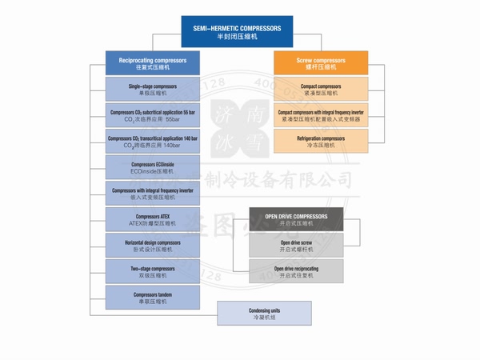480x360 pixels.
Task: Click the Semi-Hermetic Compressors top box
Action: [238, 32]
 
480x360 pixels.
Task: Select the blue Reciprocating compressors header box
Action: [152, 63]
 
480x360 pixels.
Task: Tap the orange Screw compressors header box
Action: [321, 63]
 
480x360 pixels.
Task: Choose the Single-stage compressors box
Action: [152, 90]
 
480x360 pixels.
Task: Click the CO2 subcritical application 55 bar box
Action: [152, 116]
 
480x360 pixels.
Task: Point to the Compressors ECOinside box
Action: [152, 168]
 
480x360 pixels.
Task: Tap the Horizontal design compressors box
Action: [152, 246]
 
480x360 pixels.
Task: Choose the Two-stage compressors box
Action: [152, 273]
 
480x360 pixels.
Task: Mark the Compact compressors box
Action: [321, 90]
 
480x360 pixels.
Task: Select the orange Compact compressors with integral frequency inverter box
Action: [321, 116]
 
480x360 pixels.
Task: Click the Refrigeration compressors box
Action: [321, 142]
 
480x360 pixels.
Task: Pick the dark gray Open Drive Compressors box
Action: [296, 219]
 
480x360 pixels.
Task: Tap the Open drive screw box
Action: [296, 246]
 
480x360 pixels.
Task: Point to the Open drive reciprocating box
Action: [296, 272]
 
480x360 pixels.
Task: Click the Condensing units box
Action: [264, 313]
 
